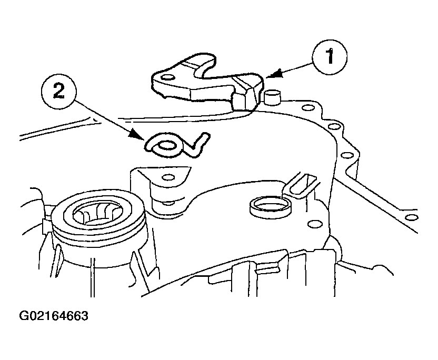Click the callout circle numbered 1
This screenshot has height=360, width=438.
(x=330, y=57)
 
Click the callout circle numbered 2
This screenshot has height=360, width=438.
(x=58, y=92)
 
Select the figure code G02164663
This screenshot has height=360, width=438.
(x=54, y=316)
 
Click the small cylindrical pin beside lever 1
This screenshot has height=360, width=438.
(x=272, y=97)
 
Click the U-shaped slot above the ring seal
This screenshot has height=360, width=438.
(x=300, y=186)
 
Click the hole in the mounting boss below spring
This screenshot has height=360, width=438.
(x=168, y=177)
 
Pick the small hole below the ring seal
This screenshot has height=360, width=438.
(x=313, y=224)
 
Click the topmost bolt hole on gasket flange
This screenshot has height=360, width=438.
(x=307, y=108)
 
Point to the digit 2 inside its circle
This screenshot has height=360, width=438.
(x=58, y=92)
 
